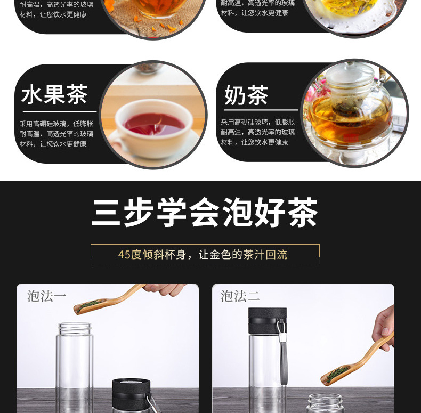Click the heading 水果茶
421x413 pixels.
pyautogui.click(x=54, y=94)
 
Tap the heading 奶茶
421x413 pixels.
pyautogui.click(x=246, y=95)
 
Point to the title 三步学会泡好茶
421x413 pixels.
pyautogui.click(x=205, y=213)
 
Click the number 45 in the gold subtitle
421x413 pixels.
pyautogui.click(x=124, y=255)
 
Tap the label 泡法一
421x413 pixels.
pyautogui.click(x=47, y=296)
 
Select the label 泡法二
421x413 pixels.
pyautogui.click(x=240, y=296)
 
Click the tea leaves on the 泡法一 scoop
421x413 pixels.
pyautogui.click(x=89, y=305)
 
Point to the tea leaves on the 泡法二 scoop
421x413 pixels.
pyautogui.click(x=337, y=373)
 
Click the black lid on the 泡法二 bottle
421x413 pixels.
pyautogui.click(x=268, y=321)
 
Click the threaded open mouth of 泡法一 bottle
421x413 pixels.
pyautogui.click(x=75, y=329)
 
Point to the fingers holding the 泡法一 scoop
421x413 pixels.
pyautogui.click(x=164, y=289)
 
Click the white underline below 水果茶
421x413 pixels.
pyautogui.click(x=60, y=111)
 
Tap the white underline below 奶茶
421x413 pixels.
pyautogui.click(x=261, y=110)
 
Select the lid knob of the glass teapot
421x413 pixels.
pyautogui.click(x=350, y=64)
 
